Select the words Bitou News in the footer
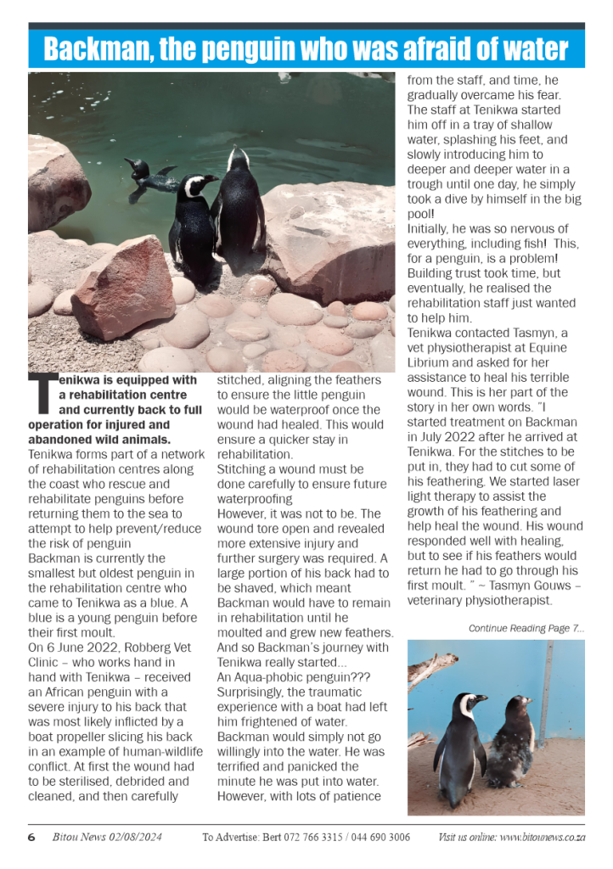(x=73, y=838)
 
